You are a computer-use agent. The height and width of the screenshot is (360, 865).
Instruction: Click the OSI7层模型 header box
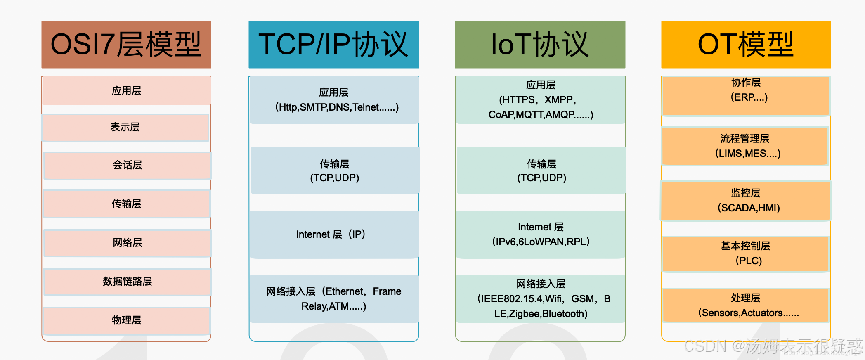[x=126, y=45]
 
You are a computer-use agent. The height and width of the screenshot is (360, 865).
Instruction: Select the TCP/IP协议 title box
[x=333, y=45]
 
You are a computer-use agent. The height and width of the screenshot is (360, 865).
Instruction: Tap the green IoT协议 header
[x=540, y=45]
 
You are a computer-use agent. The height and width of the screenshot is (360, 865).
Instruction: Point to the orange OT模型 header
[x=746, y=45]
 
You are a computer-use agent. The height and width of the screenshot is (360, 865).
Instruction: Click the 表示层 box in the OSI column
[x=125, y=128]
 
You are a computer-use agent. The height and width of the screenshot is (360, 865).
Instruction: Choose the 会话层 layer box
[x=127, y=166]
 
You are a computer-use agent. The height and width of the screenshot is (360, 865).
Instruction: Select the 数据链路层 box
[x=127, y=282]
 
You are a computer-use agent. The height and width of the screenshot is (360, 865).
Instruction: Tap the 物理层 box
[x=127, y=320]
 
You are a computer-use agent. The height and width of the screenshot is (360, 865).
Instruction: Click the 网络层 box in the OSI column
[x=127, y=243]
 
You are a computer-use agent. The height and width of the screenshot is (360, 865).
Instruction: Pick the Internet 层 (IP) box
[x=334, y=234]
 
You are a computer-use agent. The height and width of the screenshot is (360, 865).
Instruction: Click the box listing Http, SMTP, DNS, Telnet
[x=334, y=100]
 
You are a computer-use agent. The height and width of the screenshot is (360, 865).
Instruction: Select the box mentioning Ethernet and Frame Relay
[x=334, y=299]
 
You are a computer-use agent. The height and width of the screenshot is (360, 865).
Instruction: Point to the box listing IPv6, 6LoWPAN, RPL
[x=541, y=234]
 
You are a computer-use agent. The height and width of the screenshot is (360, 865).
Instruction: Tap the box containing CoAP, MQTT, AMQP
[x=541, y=100]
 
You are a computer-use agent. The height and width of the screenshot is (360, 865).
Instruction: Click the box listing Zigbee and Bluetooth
[x=541, y=299]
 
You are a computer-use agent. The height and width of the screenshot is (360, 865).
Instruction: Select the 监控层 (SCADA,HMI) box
[x=746, y=201]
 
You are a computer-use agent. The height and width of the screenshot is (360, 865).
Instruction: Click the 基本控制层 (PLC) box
[x=746, y=253]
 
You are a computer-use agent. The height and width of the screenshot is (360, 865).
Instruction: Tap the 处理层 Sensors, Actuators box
[x=746, y=306]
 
